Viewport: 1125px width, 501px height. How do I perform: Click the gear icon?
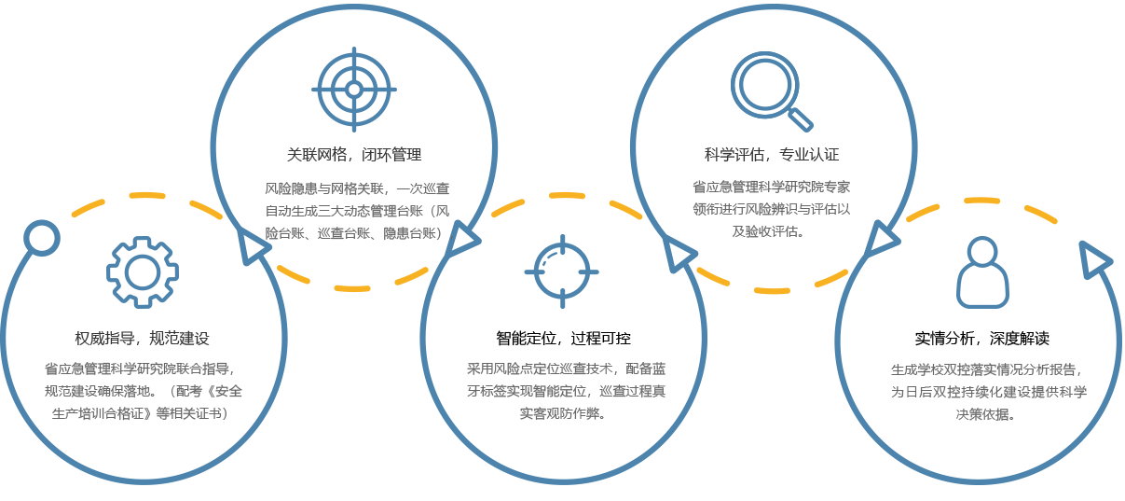(x=142, y=271)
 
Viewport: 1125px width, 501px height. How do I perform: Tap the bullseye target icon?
(x=354, y=90)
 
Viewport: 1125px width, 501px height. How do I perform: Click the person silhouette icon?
(x=982, y=272)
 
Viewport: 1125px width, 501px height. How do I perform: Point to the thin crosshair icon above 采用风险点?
(x=561, y=271)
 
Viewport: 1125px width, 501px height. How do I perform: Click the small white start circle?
(x=40, y=238)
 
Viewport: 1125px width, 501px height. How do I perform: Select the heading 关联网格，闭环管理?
(x=354, y=154)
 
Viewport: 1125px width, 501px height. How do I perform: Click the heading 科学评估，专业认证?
(x=772, y=154)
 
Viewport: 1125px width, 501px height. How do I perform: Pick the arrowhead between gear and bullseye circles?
(x=252, y=245)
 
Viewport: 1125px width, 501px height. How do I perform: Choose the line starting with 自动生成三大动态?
(x=357, y=210)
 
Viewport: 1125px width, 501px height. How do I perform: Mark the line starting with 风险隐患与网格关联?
(x=357, y=188)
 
